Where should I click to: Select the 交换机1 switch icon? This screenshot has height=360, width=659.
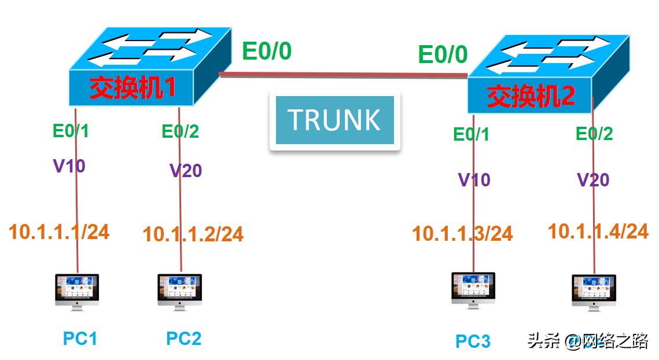point(142,67)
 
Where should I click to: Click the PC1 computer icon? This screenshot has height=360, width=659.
point(77,292)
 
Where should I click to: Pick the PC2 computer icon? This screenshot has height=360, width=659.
point(180,292)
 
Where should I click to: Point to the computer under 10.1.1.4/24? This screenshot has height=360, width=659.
point(594,292)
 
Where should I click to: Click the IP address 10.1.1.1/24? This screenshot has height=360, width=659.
point(58,232)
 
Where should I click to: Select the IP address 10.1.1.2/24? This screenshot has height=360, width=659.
point(193,234)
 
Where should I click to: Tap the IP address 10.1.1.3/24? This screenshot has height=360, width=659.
point(462,234)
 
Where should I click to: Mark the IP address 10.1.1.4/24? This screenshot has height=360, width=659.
point(598,232)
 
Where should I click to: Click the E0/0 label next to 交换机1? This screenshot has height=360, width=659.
point(267,52)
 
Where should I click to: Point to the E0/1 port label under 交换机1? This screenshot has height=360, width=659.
point(71,131)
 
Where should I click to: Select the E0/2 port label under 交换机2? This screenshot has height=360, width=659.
point(594,134)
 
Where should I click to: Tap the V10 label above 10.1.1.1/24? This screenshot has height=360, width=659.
point(69,167)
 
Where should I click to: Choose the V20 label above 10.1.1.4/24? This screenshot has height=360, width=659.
point(593,180)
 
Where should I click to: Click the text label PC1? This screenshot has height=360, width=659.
point(80,339)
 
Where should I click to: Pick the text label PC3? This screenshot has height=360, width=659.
point(473,341)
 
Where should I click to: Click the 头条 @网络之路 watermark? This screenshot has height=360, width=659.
point(587,341)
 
